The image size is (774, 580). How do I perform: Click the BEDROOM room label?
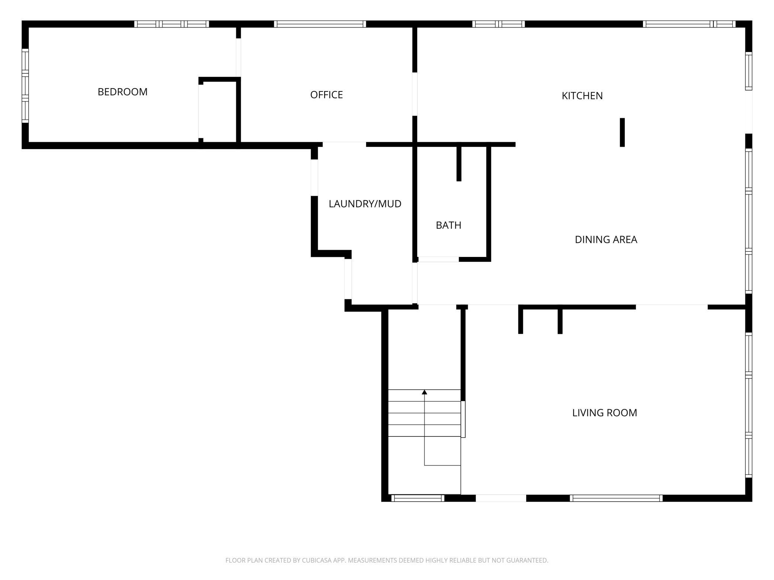pyautogui.click(x=122, y=92)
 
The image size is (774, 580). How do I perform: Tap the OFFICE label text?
pyautogui.click(x=326, y=95)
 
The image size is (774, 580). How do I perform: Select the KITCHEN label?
pyautogui.click(x=582, y=96)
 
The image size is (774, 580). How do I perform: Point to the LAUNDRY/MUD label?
pyautogui.click(x=365, y=204)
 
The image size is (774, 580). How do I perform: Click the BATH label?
pyautogui.click(x=448, y=225)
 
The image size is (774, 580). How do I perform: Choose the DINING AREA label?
pyautogui.click(x=606, y=240)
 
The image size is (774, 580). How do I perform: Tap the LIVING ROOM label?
pyautogui.click(x=604, y=413)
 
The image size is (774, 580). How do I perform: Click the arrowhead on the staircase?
pyautogui.click(x=424, y=392)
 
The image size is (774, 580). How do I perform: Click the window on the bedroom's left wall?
pyautogui.click(x=25, y=86)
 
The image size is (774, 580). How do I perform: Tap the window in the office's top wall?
pyautogui.click(x=320, y=24)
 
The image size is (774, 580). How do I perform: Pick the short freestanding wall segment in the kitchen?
pyautogui.click(x=622, y=132)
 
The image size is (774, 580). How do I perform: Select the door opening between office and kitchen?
pyautogui.click(x=415, y=94)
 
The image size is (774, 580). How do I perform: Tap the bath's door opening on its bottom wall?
pyautogui.click(x=438, y=259)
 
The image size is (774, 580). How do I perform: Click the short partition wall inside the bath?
pyautogui.click(x=459, y=164)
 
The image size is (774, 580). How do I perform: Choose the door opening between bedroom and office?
pyautogui.click(x=239, y=57)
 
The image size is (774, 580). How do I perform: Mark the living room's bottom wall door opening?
pyautogui.click(x=501, y=498)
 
